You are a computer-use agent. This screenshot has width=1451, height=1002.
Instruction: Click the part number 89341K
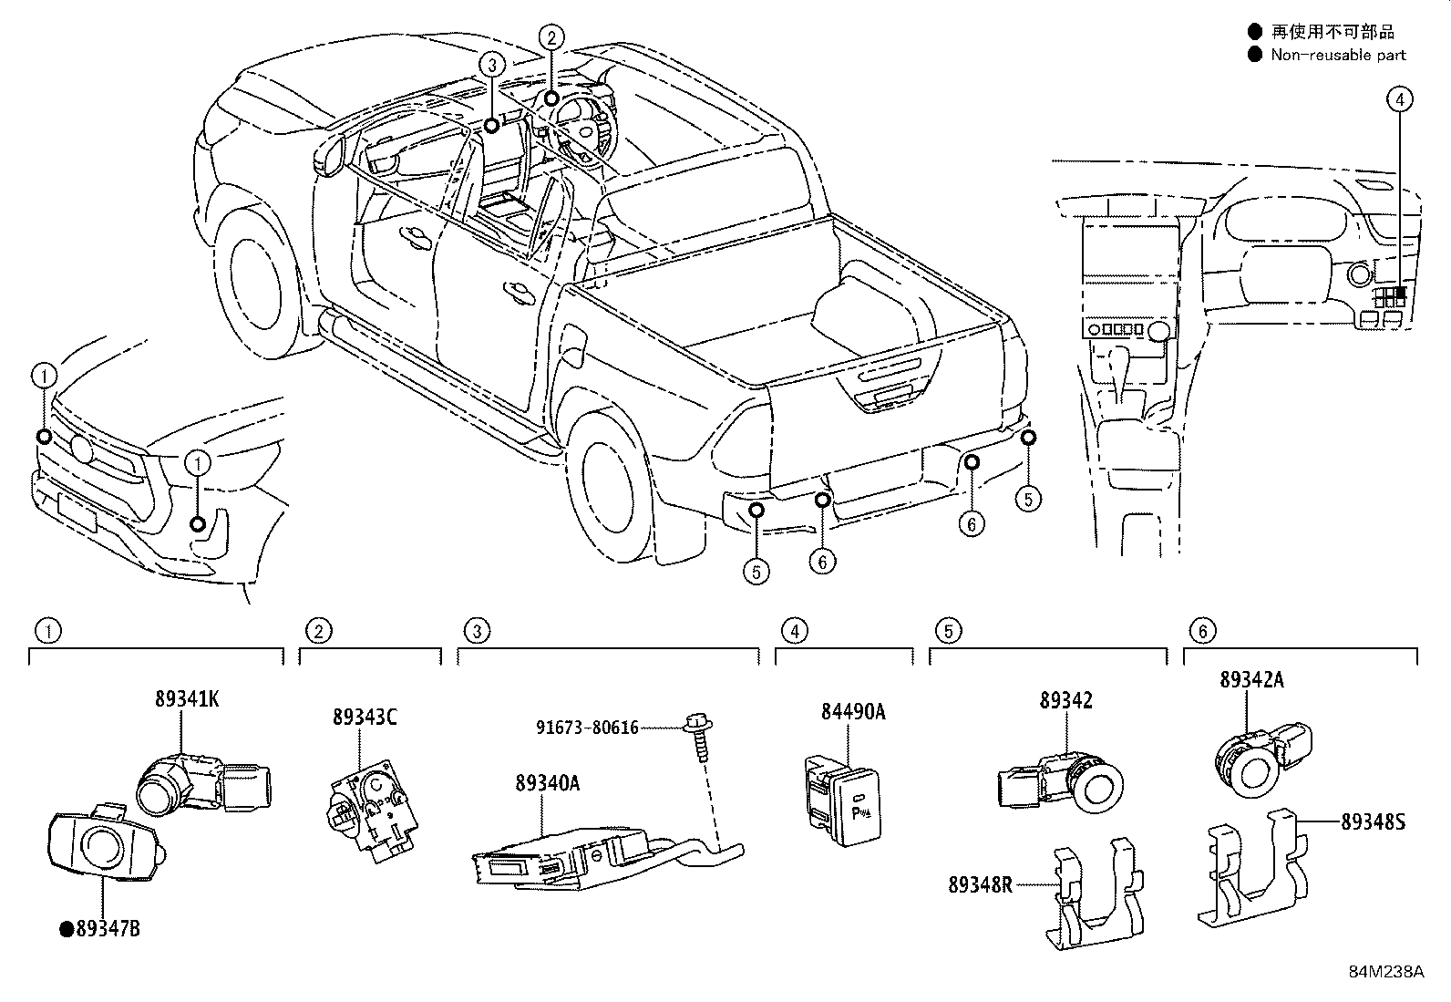tap(187, 699)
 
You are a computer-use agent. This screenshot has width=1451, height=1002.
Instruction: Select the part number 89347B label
tap(108, 929)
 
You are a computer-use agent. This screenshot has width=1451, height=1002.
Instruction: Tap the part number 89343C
tap(364, 718)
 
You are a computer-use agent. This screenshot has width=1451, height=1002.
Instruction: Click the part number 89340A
tap(547, 783)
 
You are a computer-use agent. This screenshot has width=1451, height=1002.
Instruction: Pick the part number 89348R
tap(980, 884)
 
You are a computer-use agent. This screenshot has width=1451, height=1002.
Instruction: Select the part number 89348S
tap(1373, 821)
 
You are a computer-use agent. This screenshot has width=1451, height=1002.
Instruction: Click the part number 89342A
tap(1251, 680)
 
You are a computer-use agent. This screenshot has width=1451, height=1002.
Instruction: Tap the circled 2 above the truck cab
tap(551, 38)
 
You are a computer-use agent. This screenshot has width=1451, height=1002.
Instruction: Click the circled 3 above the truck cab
tap(491, 65)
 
